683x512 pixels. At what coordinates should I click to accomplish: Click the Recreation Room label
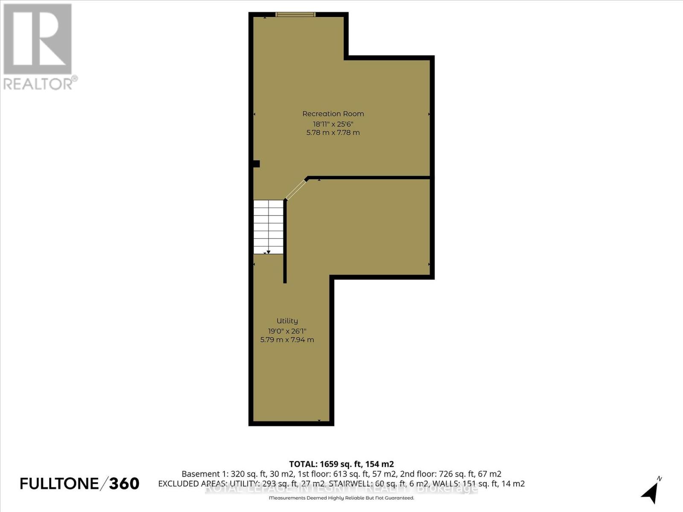click(333, 114)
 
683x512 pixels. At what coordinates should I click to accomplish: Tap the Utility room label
click(287, 321)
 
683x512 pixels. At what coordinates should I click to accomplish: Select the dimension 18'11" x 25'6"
click(333, 124)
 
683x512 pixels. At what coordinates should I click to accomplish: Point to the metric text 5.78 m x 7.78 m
click(333, 133)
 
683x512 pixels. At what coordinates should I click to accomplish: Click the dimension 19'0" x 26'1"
click(287, 331)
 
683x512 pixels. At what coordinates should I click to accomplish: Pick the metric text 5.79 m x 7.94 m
click(287, 340)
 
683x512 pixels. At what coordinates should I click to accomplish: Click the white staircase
click(269, 227)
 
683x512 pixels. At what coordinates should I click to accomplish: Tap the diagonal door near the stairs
click(296, 190)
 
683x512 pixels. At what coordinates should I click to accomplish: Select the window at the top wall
click(295, 15)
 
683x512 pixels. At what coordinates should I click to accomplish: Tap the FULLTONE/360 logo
click(79, 483)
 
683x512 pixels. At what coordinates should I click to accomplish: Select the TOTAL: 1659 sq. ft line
click(341, 464)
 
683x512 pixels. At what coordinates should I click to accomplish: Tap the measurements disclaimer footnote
click(341, 498)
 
